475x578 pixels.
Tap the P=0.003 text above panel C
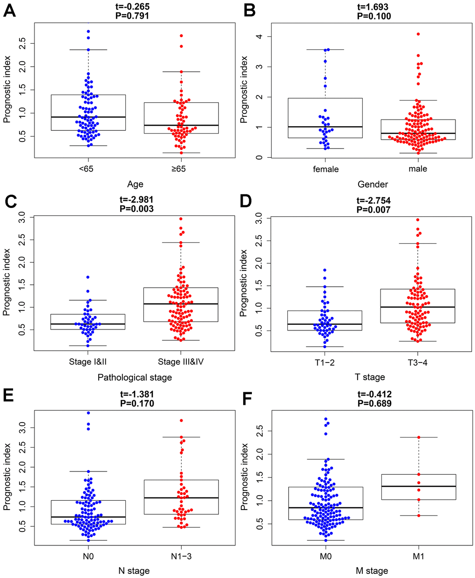(x=135, y=209)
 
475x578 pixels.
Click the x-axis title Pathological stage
(x=135, y=377)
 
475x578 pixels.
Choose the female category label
(x=326, y=169)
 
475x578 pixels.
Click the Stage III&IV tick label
(x=181, y=362)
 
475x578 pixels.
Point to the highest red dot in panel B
(x=418, y=34)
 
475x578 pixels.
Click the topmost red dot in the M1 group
(x=418, y=437)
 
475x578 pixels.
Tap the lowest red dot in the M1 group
(x=418, y=516)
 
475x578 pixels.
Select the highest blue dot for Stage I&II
(x=88, y=277)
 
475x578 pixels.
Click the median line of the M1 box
(x=418, y=486)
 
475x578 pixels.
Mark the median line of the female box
(x=326, y=127)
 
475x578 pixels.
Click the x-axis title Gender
(x=373, y=184)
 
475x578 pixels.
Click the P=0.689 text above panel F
(x=374, y=403)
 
